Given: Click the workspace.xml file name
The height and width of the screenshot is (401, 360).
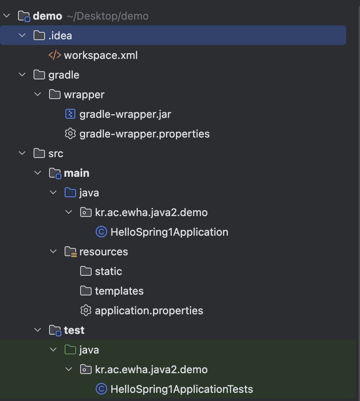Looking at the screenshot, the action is (101, 55).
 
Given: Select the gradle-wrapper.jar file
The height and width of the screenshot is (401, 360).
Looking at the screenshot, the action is (125, 114).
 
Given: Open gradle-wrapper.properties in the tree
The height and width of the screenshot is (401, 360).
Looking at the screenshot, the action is (144, 134).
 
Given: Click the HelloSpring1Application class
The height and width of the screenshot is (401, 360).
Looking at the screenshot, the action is (169, 232).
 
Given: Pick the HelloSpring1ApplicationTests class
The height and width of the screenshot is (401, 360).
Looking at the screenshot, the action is (182, 389).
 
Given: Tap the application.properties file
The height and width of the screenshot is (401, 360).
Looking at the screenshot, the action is (149, 311).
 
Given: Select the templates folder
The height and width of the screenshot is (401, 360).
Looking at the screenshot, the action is (119, 291).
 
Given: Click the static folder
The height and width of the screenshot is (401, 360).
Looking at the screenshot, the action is (108, 271).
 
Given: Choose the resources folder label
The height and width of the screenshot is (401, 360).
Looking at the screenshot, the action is (103, 252).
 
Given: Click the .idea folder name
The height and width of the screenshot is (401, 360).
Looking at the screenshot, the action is (60, 36).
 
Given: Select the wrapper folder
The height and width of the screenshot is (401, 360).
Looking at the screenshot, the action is (84, 95).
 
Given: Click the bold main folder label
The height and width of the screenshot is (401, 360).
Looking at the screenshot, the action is (76, 173).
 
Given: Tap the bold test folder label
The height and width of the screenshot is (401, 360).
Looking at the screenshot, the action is (74, 330).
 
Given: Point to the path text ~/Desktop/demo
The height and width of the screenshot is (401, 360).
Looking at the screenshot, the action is (107, 16).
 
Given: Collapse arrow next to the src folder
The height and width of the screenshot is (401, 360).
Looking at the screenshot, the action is (22, 153).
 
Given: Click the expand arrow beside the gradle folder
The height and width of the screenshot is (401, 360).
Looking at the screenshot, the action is (22, 75).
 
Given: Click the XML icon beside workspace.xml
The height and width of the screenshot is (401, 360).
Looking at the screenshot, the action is (55, 55).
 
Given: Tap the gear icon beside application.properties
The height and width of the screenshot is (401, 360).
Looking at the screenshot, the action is (85, 311).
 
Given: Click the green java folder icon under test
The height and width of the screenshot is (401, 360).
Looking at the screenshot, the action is (70, 350).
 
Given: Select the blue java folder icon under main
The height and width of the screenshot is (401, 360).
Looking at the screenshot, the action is (70, 193).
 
